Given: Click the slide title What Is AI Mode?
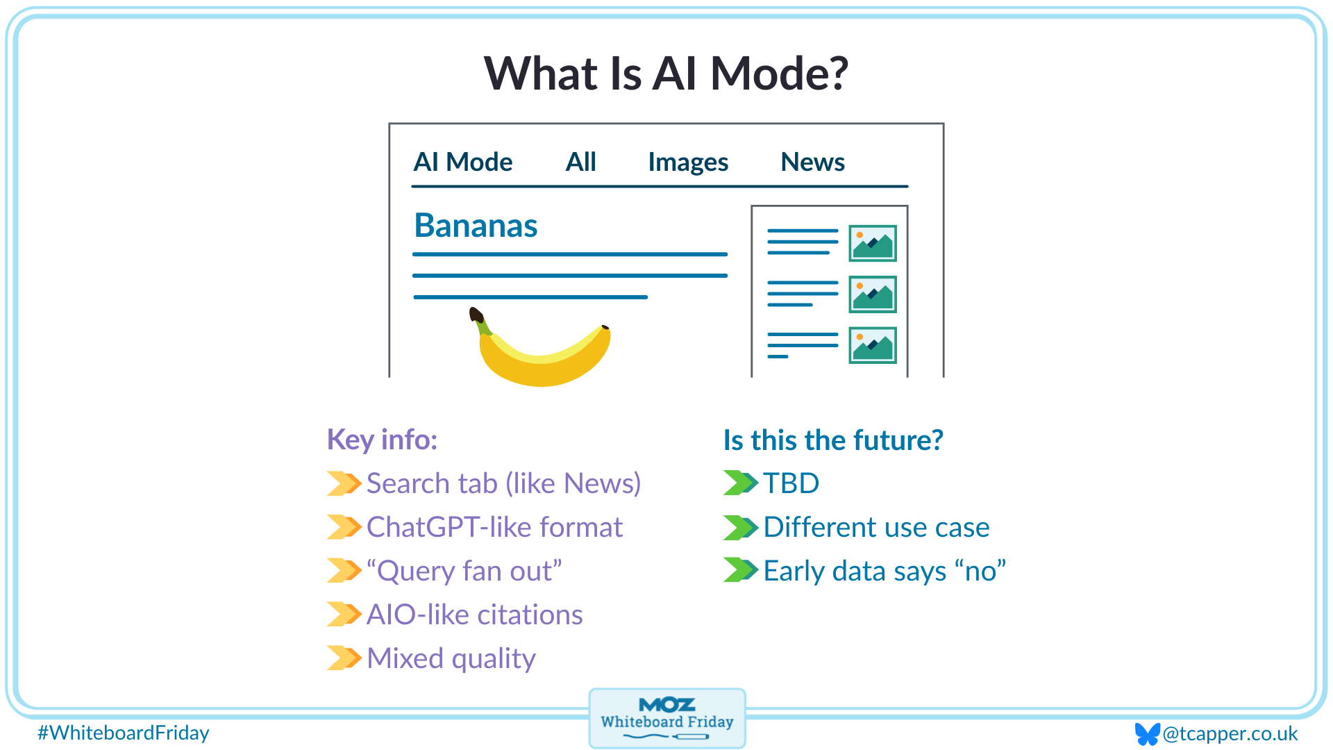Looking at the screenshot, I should pyautogui.click(x=666, y=74).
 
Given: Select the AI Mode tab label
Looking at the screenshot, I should pyautogui.click(x=462, y=162).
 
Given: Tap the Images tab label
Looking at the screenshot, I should pyautogui.click(x=687, y=162).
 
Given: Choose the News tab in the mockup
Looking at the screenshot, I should pyautogui.click(x=812, y=162).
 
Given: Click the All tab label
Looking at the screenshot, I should pyautogui.click(x=580, y=162).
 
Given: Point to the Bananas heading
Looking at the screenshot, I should pyautogui.click(x=476, y=226).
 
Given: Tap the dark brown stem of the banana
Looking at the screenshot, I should pyautogui.click(x=476, y=315).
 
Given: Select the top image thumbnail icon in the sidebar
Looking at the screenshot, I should pyautogui.click(x=873, y=243).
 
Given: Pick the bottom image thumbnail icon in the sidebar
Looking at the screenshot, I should pyautogui.click(x=873, y=345).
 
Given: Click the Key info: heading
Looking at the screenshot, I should pyautogui.click(x=382, y=440).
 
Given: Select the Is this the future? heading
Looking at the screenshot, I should pyautogui.click(x=833, y=440).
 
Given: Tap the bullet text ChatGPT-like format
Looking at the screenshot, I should pyautogui.click(x=494, y=527).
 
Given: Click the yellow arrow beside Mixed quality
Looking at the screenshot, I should pyautogui.click(x=344, y=658).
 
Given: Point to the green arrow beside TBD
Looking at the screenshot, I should pyautogui.click(x=740, y=483).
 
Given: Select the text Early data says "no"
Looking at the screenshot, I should pyautogui.click(x=885, y=571).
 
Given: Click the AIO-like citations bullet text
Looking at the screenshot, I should pyautogui.click(x=475, y=615).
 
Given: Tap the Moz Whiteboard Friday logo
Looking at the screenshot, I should pyautogui.click(x=666, y=718).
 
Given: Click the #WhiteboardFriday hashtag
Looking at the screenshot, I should pyautogui.click(x=124, y=733).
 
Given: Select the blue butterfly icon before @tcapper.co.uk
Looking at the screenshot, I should pyautogui.click(x=1147, y=733).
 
